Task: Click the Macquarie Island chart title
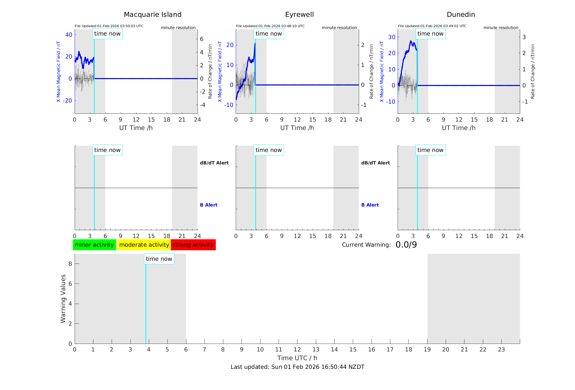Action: (153, 15)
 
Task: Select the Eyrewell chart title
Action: (299, 15)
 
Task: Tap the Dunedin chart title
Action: (461, 15)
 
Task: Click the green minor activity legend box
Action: (94, 245)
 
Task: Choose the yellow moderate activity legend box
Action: (144, 245)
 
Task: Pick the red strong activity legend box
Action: (193, 245)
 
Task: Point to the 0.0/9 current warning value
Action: (406, 245)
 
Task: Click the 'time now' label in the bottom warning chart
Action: (159, 259)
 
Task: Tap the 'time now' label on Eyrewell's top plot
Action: (269, 34)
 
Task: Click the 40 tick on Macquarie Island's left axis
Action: (69, 34)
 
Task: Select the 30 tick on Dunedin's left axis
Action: (392, 37)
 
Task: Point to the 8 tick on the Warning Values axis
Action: (70, 264)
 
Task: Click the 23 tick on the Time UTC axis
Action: (501, 350)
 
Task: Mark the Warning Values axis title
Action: (63, 299)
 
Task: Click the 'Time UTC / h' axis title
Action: (297, 358)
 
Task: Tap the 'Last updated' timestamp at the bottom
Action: (297, 367)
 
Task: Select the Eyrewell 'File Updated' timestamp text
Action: (270, 26)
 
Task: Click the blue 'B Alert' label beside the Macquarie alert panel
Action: (209, 205)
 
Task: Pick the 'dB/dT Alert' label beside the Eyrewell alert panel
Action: (375, 163)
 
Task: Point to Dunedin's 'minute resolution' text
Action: (501, 28)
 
